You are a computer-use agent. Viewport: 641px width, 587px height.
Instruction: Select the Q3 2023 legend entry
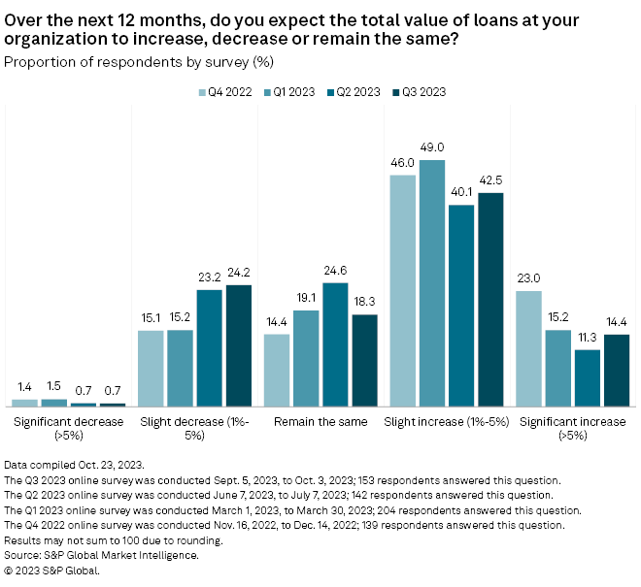point(419,91)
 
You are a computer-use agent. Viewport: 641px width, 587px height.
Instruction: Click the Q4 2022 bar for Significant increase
point(529,348)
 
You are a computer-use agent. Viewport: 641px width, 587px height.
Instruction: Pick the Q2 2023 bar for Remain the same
point(335,344)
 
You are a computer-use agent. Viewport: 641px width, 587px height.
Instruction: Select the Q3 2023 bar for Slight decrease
point(238,345)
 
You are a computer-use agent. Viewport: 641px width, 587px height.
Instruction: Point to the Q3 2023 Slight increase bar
point(490,300)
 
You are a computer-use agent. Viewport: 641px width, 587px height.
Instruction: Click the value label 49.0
point(432,150)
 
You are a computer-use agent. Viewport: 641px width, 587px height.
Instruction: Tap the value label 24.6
point(335,274)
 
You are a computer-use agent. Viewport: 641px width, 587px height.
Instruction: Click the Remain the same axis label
point(320,422)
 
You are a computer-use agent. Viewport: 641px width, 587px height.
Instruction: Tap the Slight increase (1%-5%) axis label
point(447,422)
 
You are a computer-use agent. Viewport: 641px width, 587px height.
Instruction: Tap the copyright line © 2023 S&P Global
point(52,571)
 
